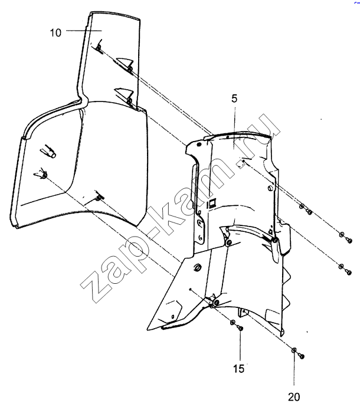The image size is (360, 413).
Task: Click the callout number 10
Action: click(x=55, y=33)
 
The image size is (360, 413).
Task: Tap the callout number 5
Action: click(x=234, y=99)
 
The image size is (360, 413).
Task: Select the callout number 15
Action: click(x=239, y=369)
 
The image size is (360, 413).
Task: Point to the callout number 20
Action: click(x=294, y=397)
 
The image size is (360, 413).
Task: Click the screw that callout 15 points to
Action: click(x=240, y=328)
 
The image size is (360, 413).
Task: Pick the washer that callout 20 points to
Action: click(x=293, y=350)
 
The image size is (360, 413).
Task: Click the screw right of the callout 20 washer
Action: click(x=301, y=356)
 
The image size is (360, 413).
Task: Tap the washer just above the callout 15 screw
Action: click(x=233, y=322)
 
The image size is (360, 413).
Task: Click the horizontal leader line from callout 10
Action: click(x=84, y=31)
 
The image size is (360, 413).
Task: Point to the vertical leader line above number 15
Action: click(x=240, y=346)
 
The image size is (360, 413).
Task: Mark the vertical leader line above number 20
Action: click(x=293, y=369)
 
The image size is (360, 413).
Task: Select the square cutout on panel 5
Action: click(x=212, y=203)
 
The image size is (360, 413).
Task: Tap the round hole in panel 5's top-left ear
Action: click(x=199, y=144)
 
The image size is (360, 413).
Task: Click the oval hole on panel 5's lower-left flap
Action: click(x=197, y=267)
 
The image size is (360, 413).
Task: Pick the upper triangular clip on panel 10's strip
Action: click(x=125, y=63)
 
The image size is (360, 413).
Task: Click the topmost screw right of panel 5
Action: click(x=309, y=211)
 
